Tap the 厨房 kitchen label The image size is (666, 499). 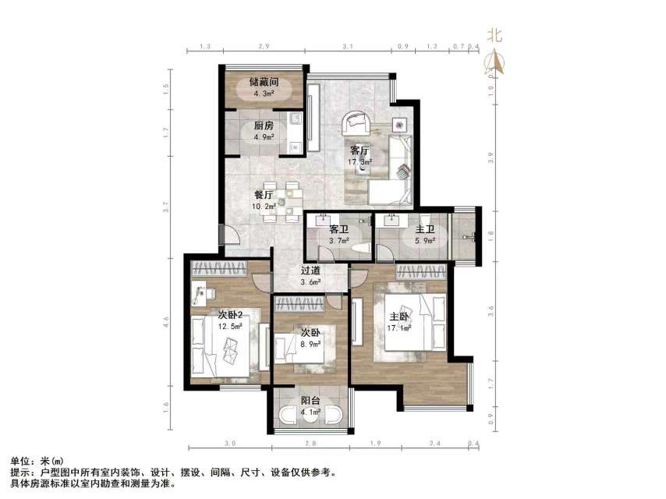(x=264, y=126)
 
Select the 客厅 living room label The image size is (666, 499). (x=360, y=150)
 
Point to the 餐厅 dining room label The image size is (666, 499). (x=264, y=195)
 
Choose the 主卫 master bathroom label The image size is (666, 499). (x=425, y=230)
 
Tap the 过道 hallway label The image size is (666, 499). (x=312, y=271)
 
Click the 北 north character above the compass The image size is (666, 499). (x=494, y=36)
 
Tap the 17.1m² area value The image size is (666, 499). (x=400, y=328)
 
